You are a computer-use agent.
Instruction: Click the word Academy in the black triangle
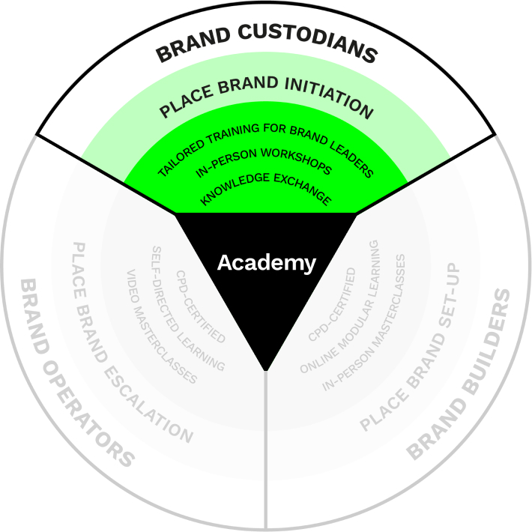pos(266,263)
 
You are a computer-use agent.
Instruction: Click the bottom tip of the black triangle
pos(266,369)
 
